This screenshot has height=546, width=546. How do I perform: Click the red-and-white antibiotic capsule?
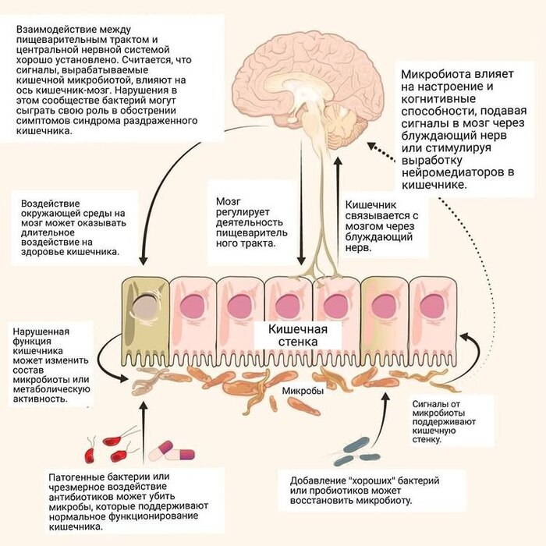pos(176,450)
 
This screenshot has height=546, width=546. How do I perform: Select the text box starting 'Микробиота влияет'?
pos(465,129)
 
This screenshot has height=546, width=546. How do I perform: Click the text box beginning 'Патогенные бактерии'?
pos(129,498)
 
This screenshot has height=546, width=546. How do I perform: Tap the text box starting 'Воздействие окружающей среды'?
pos(73,227)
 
